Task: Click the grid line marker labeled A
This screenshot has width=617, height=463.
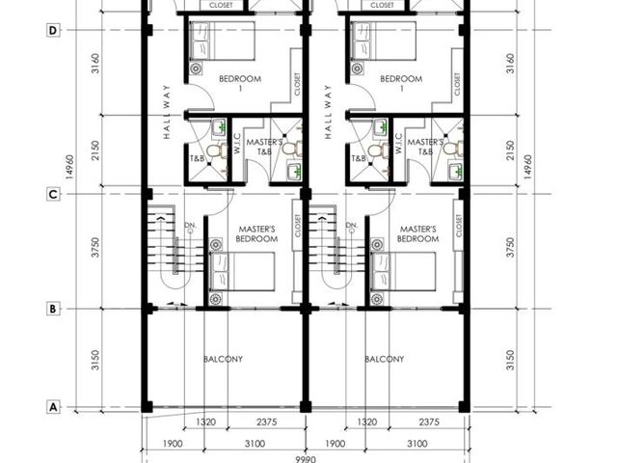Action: (53, 407)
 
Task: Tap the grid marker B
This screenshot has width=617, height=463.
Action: (53, 309)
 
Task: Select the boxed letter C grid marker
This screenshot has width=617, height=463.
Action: (53, 194)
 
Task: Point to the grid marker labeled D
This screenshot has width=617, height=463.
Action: (53, 30)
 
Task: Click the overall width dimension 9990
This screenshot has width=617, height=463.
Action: (306, 459)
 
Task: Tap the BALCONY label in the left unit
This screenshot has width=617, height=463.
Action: (223, 359)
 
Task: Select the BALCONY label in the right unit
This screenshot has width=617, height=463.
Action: (384, 359)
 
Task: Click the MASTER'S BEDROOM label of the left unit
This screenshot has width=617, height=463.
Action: (256, 233)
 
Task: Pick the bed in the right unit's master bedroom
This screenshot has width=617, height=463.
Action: (403, 272)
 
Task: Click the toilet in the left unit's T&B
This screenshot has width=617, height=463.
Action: (217, 150)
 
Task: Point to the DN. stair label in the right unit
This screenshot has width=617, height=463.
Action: (351, 225)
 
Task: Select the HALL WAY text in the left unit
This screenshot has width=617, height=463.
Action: (167, 112)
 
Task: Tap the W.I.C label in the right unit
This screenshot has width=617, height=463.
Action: (398, 143)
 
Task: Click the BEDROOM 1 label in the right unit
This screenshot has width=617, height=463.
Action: (401, 83)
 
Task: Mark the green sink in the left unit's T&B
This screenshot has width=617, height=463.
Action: (219, 127)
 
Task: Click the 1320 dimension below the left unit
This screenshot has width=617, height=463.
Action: (205, 422)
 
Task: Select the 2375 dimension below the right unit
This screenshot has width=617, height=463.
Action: (429, 422)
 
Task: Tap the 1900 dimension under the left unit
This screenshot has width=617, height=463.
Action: (173, 444)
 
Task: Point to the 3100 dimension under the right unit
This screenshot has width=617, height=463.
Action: (417, 444)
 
